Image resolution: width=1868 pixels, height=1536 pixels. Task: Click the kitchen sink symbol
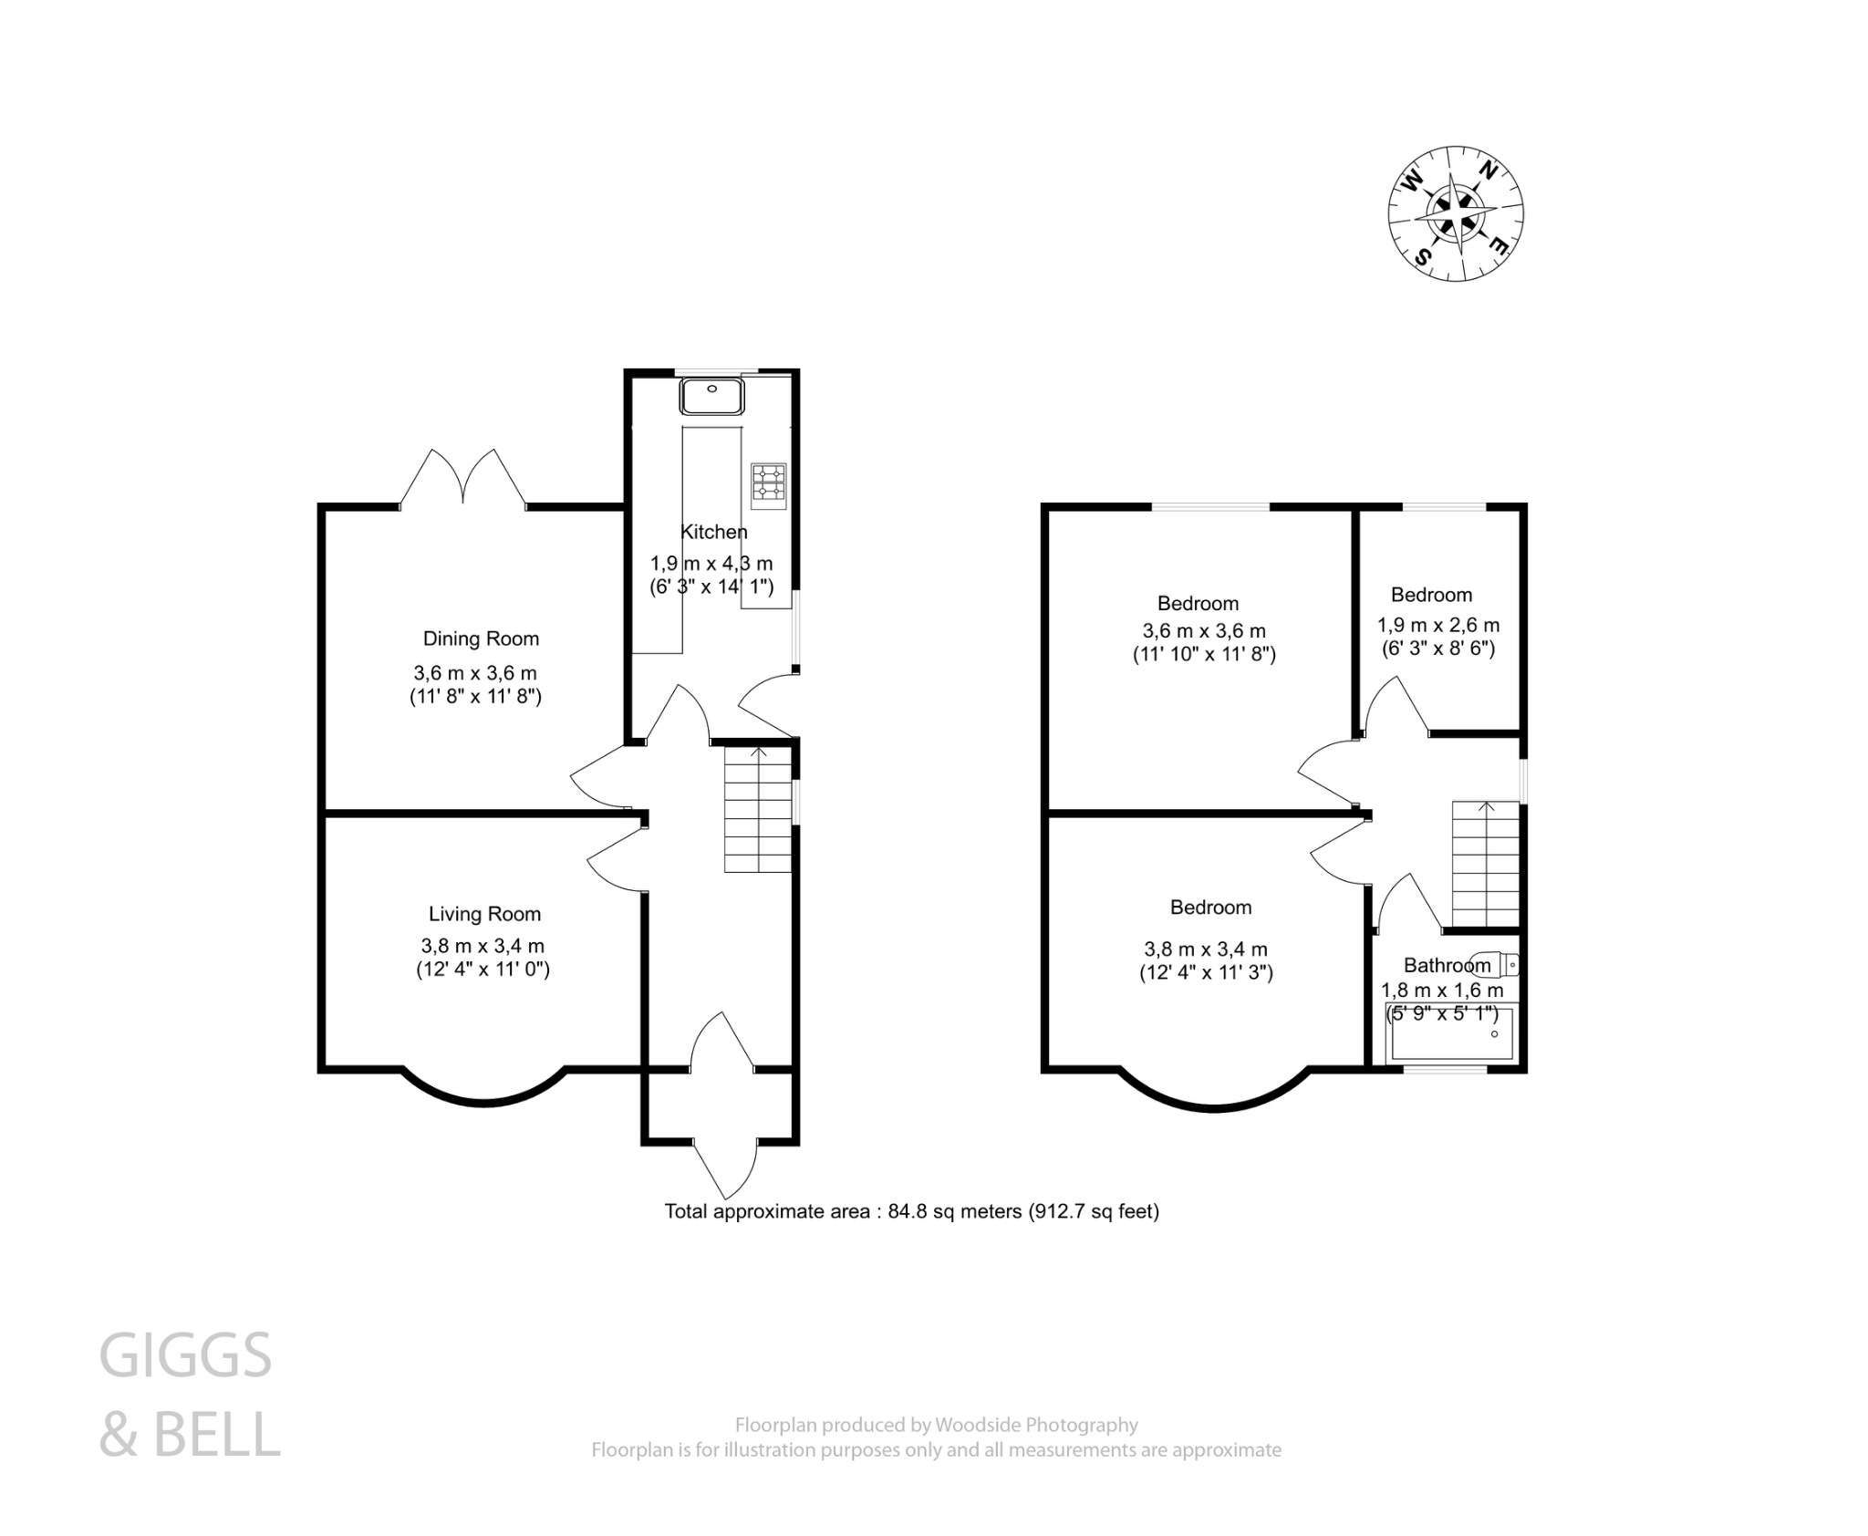(x=711, y=396)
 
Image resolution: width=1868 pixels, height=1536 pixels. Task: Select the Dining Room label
(x=481, y=638)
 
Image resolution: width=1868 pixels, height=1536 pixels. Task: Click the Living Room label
(x=484, y=914)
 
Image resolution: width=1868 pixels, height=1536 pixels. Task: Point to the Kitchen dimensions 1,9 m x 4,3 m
(x=711, y=564)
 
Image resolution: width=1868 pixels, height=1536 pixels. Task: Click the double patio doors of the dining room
(x=463, y=478)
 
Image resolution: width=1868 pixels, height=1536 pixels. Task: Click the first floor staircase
(x=1486, y=865)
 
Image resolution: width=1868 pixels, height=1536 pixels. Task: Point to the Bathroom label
(x=1447, y=965)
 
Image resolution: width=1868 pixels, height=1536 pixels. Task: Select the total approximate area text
(x=911, y=1211)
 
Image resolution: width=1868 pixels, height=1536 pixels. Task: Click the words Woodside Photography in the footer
(x=1036, y=1425)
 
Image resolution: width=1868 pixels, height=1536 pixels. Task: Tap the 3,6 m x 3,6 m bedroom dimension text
(x=1204, y=631)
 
